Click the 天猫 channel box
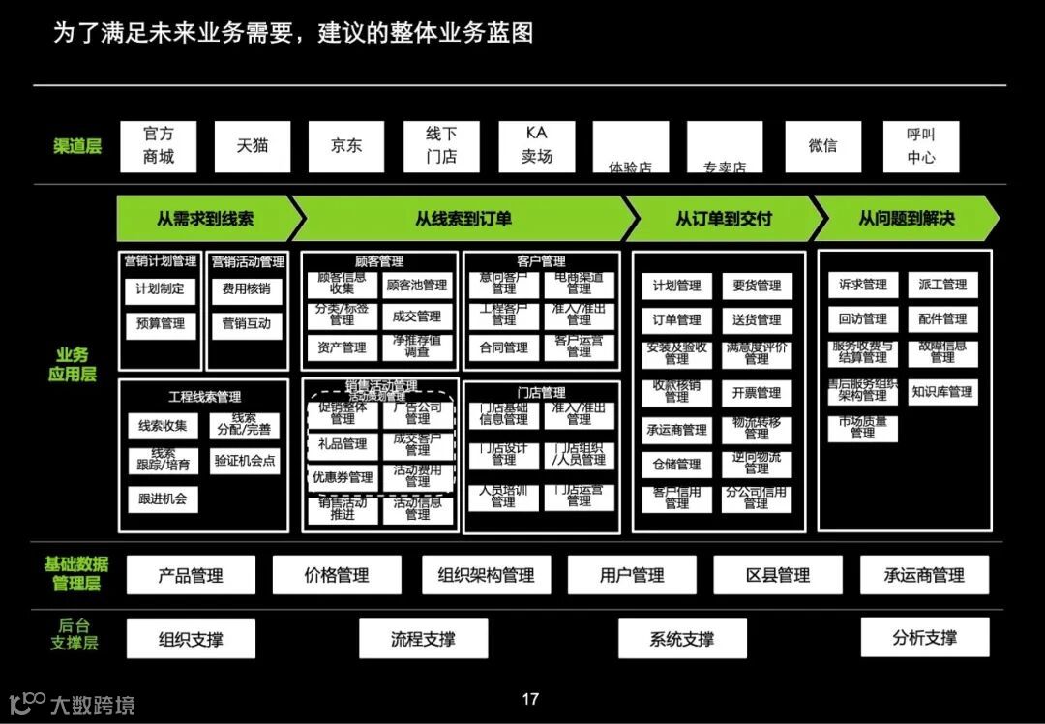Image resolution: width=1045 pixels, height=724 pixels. (x=252, y=146)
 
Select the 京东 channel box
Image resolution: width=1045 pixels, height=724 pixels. (x=346, y=146)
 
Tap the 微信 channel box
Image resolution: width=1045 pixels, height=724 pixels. (x=822, y=146)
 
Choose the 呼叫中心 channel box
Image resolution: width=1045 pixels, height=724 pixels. (x=920, y=146)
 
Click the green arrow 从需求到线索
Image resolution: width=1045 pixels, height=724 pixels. (x=205, y=219)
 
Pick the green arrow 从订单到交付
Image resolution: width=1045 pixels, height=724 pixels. (x=724, y=219)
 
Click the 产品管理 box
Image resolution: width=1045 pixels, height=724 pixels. (x=191, y=575)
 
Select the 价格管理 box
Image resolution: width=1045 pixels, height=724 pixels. (x=337, y=575)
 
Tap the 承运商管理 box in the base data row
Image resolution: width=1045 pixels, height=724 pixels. (x=924, y=575)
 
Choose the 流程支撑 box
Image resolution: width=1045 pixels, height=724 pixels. (x=423, y=639)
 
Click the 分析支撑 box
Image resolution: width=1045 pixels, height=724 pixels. (x=925, y=637)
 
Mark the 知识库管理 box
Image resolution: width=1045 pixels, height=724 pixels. (x=941, y=392)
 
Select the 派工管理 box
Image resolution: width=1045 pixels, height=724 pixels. (x=941, y=285)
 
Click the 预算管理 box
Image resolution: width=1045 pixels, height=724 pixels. (x=161, y=324)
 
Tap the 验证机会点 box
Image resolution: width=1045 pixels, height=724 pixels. (x=245, y=461)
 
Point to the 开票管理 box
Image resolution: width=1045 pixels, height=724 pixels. (x=757, y=393)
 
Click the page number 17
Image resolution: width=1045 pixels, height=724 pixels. (x=530, y=699)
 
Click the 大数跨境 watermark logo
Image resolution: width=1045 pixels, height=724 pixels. (x=73, y=704)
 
